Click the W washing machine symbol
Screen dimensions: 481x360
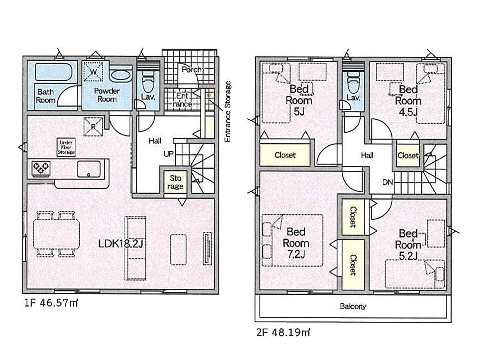pos(93,72)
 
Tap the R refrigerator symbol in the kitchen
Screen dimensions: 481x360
pos(93,127)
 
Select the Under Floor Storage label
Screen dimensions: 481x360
pos(66,147)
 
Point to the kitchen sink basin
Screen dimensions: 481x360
pos(89,169)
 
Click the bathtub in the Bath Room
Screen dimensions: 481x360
pos(54,72)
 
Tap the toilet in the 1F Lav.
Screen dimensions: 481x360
pos(148,82)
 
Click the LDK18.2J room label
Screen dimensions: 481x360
pos(121,243)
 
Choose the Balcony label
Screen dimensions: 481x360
pos(353,306)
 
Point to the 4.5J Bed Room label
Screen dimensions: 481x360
pos(408,101)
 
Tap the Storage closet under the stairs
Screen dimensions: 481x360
pos(176,182)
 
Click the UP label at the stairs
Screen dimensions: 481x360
pos(169,154)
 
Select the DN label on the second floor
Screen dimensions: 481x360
pos(388,182)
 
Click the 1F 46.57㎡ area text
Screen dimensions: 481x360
pos(51,303)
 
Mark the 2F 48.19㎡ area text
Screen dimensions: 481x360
pos(283,332)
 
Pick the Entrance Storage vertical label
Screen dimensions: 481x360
pos(227,111)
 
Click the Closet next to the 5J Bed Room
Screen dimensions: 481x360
pos(285,155)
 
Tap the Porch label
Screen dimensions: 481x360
pos(192,70)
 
